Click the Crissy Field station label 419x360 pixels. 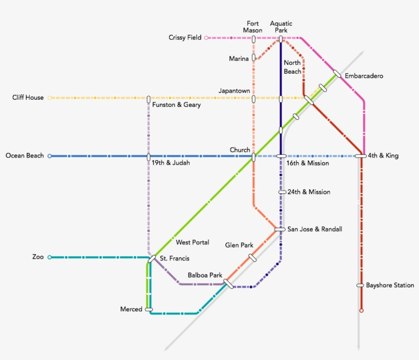[x=185, y=38]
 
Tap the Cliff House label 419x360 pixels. [x=28, y=98]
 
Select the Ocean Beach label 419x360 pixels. [x=25, y=156]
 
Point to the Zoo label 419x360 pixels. [x=38, y=257]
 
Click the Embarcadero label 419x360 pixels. [x=364, y=76]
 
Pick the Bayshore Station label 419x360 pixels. [x=390, y=285]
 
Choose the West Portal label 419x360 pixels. [x=193, y=242]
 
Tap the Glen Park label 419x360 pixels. [x=239, y=245]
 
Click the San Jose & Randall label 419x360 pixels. [x=315, y=230]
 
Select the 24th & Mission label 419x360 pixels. [x=309, y=192]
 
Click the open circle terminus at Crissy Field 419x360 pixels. [x=206, y=38]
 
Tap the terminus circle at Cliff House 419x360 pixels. [x=50, y=98]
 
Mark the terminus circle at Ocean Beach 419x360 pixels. [x=50, y=156]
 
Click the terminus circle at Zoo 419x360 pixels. [x=50, y=257]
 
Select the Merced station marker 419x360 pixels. [x=149, y=309]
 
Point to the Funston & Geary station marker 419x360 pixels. [x=149, y=99]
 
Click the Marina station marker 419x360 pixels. [x=253, y=59]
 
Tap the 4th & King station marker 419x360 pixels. [x=361, y=156]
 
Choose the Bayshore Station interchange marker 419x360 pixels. [x=360, y=285]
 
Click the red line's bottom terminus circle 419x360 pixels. [x=361, y=310]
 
